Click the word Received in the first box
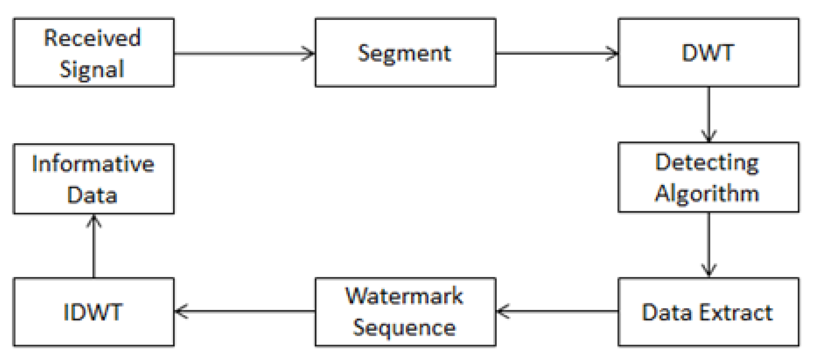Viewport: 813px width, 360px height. tap(92, 38)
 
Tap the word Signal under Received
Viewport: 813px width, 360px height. tap(92, 69)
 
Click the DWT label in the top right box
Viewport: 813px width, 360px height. tap(707, 53)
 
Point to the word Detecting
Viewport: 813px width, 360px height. tap(707, 163)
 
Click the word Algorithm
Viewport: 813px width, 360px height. tap(707, 193)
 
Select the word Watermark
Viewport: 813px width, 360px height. tap(404, 296)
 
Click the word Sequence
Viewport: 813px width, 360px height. tap(404, 328)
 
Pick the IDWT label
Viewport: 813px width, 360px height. tap(92, 312)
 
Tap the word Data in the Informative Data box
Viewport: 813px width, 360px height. tap(92, 195)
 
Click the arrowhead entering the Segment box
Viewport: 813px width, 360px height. tap(308, 53)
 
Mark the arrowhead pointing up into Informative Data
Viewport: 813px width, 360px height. tap(94, 221)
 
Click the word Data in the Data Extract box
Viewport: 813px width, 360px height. tap(665, 313)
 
